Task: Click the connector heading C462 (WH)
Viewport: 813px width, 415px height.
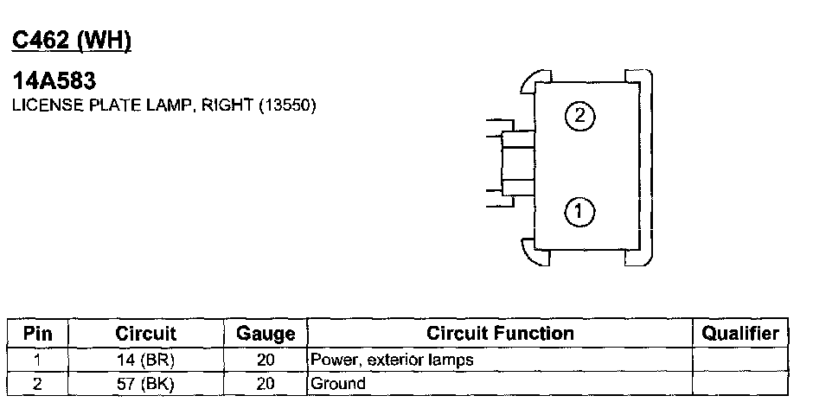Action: point(72,41)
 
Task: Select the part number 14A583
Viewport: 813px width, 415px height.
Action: point(54,80)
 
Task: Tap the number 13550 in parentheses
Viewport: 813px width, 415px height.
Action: point(287,105)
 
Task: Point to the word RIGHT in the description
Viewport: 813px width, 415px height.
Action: point(227,105)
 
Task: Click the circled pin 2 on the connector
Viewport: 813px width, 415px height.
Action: point(579,115)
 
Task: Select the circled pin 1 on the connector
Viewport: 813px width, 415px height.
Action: point(579,211)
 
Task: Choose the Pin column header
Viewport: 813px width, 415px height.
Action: point(38,333)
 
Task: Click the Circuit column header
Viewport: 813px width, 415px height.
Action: point(145,333)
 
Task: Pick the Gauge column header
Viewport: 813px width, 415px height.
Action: point(266,333)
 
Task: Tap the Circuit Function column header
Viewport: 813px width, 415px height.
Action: point(501,333)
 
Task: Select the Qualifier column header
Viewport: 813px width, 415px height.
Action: point(740,333)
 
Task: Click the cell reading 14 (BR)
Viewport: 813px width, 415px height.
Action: point(145,360)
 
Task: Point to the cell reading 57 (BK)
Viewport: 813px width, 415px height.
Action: point(145,384)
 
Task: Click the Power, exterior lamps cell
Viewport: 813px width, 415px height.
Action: point(392,360)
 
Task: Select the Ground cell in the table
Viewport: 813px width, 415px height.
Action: point(338,384)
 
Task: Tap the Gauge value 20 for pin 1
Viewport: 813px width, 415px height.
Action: point(266,360)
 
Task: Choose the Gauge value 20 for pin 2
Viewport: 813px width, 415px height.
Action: point(266,384)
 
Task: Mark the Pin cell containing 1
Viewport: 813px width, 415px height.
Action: point(38,360)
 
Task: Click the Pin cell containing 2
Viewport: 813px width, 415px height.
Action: point(38,384)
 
